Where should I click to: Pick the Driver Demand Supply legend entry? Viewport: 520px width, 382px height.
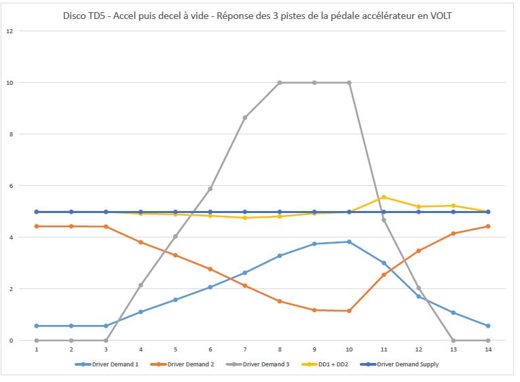click(x=407, y=364)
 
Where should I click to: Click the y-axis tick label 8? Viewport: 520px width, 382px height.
click(x=10, y=134)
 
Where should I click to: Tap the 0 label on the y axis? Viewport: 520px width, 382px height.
click(x=10, y=341)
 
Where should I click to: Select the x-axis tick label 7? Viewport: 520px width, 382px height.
click(x=244, y=350)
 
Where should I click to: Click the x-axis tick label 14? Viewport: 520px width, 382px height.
click(x=487, y=350)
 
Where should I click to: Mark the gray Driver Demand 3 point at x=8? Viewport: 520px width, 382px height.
click(x=280, y=83)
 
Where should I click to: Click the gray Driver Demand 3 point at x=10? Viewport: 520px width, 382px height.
click(x=349, y=83)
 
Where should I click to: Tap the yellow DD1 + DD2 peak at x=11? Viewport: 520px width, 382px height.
click(x=384, y=197)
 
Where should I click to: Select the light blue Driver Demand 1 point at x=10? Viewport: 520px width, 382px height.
click(x=349, y=242)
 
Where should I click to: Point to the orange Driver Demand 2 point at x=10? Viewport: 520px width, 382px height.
click(x=349, y=311)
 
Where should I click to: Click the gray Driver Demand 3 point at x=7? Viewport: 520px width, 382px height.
click(x=245, y=117)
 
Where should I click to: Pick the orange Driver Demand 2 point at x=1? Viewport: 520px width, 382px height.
click(x=37, y=226)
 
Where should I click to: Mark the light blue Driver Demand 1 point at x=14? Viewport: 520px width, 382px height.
click(x=487, y=326)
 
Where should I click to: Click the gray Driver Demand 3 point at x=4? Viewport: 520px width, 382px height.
click(x=141, y=285)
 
